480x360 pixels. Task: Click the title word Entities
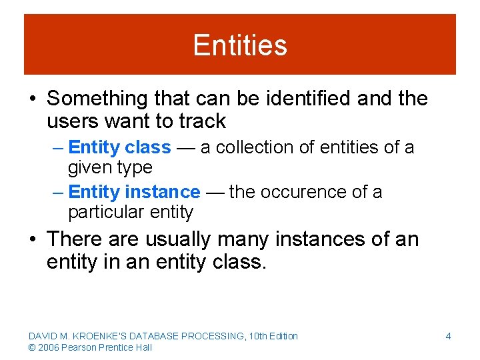pos(240,45)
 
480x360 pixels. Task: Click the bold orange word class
pos(148,147)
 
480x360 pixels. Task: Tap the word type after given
pos(134,167)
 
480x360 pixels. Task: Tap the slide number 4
pos(448,336)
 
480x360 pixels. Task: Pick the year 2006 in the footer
pos(49,347)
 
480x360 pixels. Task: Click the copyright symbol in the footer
pos(32,347)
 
